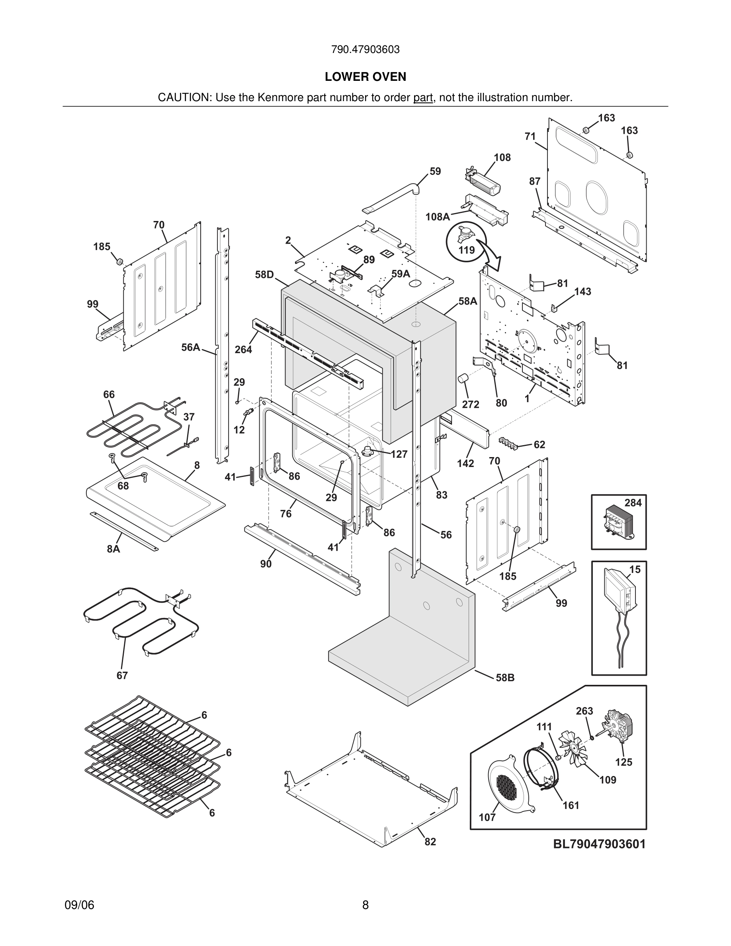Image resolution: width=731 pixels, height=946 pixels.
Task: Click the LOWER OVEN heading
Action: coord(365,77)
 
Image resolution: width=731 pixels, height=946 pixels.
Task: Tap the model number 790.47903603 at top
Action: coord(365,50)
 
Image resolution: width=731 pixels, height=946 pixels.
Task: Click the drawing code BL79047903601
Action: coord(599,844)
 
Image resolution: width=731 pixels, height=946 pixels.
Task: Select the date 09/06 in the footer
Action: coord(79,905)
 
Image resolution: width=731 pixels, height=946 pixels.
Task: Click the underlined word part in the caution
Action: coord(423,98)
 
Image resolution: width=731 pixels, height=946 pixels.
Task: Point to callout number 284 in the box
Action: coord(633,502)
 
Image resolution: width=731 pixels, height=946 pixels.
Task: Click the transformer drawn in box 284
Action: coord(617,522)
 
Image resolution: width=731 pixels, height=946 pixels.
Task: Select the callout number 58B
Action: coord(505,678)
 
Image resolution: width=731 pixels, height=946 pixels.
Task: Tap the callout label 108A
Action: coord(438,217)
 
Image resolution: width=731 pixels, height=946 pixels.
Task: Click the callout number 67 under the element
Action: coord(122,675)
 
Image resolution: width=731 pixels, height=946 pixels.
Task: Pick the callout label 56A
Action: coord(191,347)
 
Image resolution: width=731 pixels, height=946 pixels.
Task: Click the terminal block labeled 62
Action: coord(510,442)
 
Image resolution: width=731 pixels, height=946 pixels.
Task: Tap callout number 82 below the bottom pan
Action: coord(430,842)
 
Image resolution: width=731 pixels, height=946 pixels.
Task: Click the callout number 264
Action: coord(243,349)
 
